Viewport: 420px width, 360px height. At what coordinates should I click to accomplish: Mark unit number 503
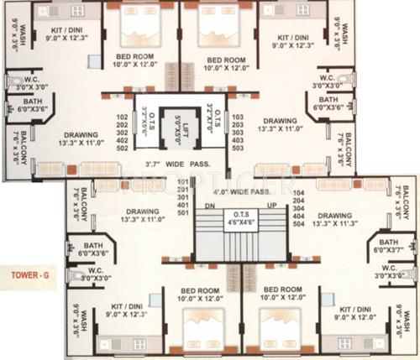pyautogui.click(x=237, y=148)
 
